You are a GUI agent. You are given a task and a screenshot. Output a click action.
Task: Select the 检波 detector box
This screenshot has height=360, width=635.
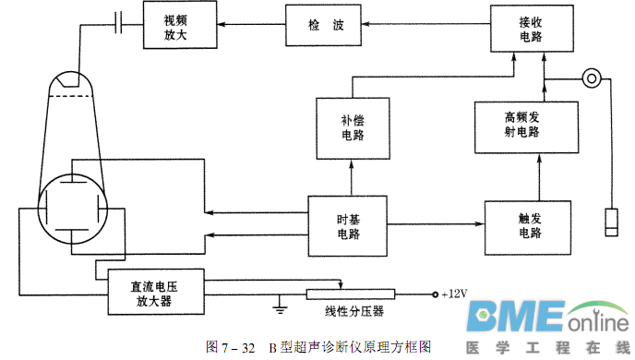click(x=327, y=26)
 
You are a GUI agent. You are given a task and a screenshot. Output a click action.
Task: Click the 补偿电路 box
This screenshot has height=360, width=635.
click(x=352, y=126)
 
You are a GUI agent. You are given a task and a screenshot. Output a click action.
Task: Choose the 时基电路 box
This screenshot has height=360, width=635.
click(x=347, y=226)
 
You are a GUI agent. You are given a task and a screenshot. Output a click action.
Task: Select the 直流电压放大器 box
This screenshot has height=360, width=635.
click(x=153, y=292)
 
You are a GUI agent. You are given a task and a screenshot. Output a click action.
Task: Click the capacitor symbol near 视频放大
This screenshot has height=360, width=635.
click(x=118, y=24)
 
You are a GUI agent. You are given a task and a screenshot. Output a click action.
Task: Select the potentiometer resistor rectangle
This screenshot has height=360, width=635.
click(x=351, y=294)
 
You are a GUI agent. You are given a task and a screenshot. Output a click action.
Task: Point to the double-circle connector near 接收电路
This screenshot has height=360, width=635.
click(x=591, y=79)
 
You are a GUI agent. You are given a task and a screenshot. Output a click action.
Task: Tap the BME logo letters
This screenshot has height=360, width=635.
click(x=513, y=318)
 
